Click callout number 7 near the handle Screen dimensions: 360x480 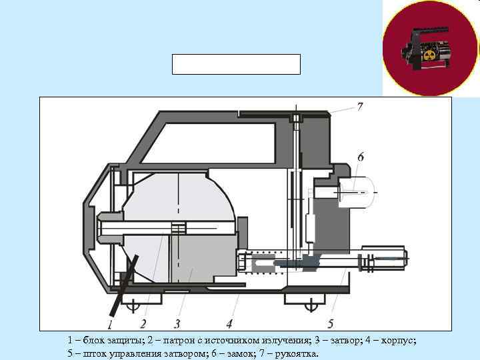pos(359,107)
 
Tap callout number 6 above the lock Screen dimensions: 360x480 pos(360,157)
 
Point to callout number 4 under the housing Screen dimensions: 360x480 pos(229,324)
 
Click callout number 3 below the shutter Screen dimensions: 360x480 pos(177,324)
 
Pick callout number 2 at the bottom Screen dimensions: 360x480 pos(142,324)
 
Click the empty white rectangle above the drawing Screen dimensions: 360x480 pos(237,64)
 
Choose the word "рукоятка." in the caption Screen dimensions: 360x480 pos(293,353)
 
